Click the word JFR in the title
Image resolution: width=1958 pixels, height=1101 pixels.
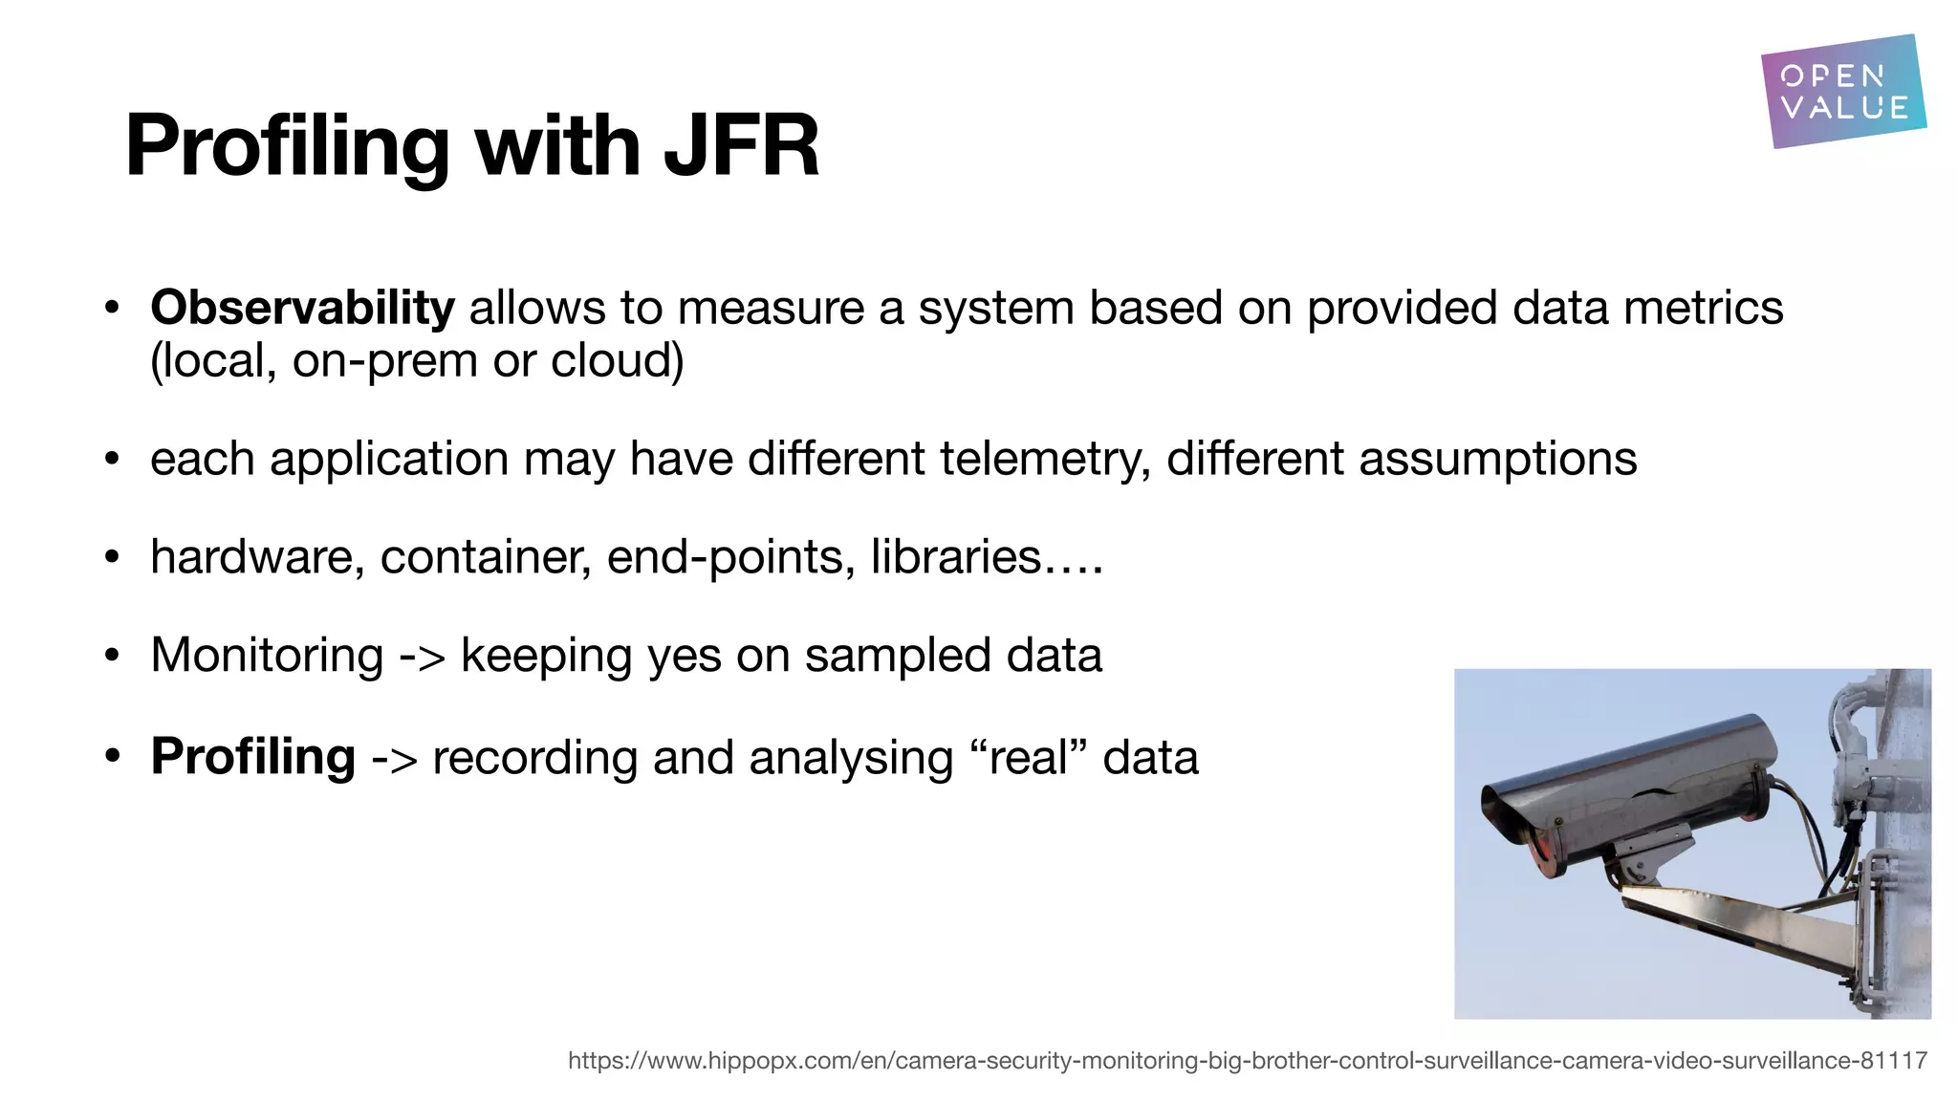click(741, 146)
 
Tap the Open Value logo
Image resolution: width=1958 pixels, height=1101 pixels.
click(1842, 92)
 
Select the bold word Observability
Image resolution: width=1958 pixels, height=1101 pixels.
click(302, 308)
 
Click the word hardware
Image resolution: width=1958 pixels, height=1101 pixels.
click(256, 557)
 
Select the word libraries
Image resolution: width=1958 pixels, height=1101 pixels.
click(955, 557)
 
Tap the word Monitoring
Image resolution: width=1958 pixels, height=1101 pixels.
click(267, 656)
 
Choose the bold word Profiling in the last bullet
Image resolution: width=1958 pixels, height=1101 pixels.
click(253, 757)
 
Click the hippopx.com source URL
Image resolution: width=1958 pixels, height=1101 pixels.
click(1247, 1060)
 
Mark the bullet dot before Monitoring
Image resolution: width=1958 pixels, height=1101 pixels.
click(113, 657)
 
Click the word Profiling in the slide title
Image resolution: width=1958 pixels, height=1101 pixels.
click(287, 146)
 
